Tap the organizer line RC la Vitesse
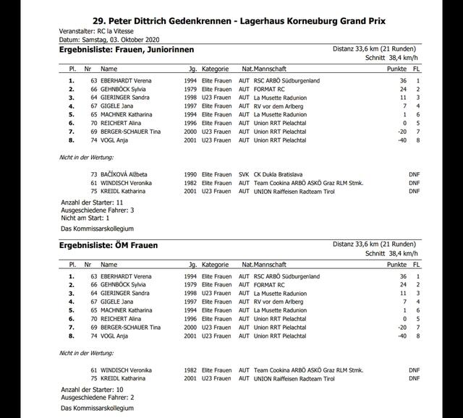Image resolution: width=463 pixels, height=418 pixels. point(108,33)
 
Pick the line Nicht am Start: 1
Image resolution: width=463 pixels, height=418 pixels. point(85,217)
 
